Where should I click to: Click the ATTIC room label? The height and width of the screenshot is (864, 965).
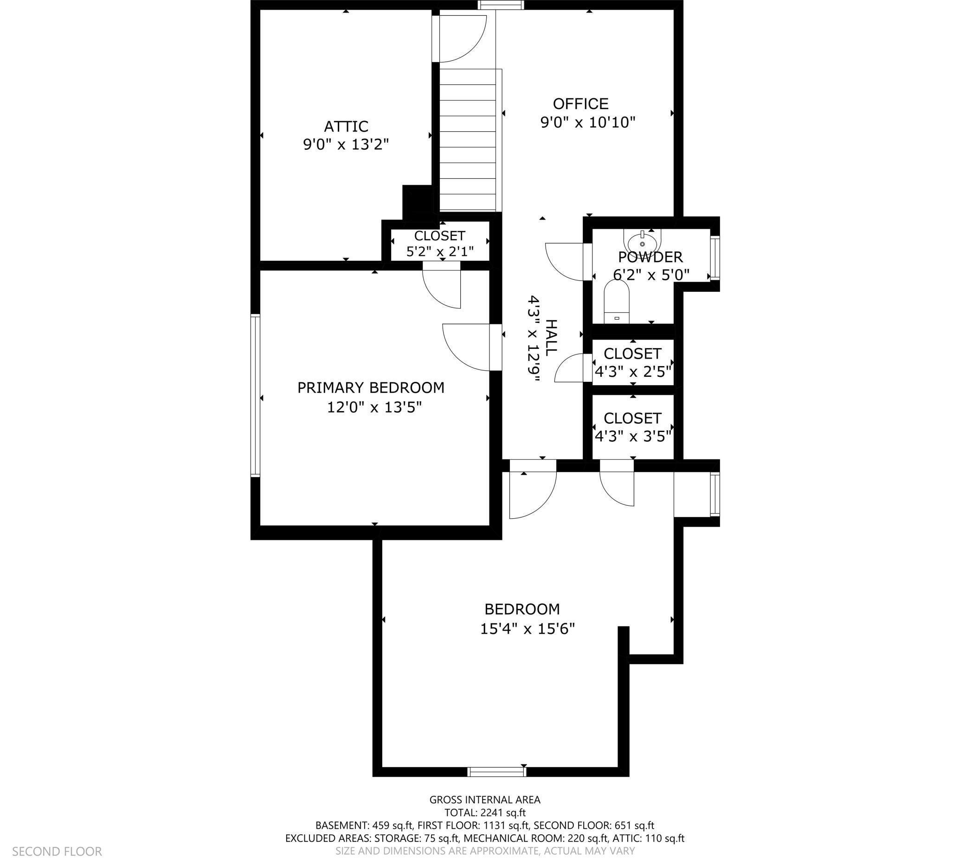click(x=346, y=126)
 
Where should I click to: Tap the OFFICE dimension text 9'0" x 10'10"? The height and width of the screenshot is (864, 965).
click(x=588, y=123)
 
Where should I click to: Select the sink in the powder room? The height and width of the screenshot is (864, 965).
click(x=642, y=241)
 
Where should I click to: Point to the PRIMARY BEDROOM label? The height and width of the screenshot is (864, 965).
click(x=371, y=388)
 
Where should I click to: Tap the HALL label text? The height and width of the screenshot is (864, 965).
click(x=551, y=337)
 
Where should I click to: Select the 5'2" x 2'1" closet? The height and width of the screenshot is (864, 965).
click(x=439, y=243)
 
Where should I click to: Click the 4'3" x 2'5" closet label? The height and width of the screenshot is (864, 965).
click(x=633, y=362)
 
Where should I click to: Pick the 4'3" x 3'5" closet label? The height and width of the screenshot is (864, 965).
click(x=633, y=426)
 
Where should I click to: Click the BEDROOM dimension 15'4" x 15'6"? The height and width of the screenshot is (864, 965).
click(x=528, y=629)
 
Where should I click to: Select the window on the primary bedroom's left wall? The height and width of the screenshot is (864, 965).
click(x=255, y=395)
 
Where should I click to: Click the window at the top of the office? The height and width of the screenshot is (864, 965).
click(x=501, y=5)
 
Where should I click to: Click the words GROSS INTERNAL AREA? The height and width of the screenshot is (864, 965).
click(x=485, y=800)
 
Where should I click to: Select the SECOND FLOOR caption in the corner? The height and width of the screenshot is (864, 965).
click(x=57, y=851)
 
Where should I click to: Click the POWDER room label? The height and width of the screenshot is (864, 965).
click(x=650, y=257)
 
